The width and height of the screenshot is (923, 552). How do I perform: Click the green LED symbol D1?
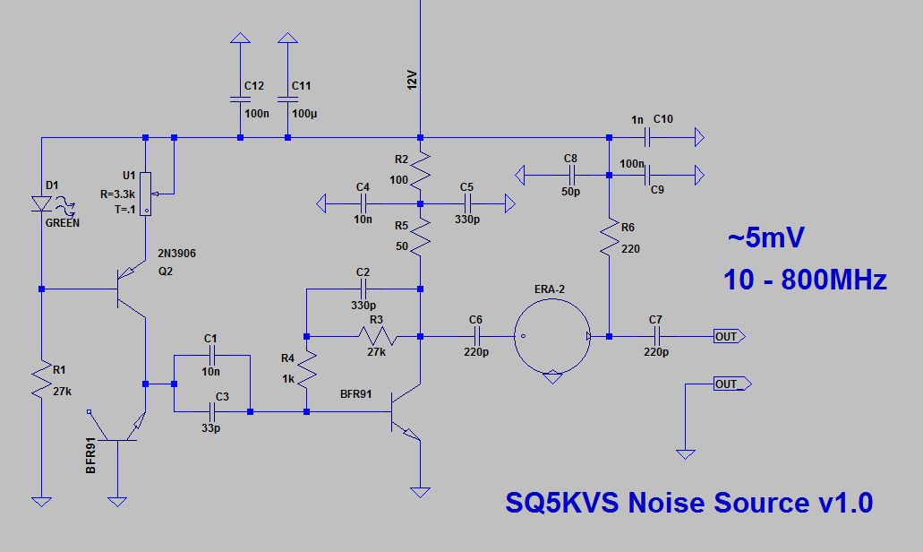[x=41, y=204]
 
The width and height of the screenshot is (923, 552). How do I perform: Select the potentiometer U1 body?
[x=146, y=194]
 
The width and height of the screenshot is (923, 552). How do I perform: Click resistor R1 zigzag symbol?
[x=41, y=380]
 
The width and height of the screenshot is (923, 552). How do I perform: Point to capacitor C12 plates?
[x=240, y=99]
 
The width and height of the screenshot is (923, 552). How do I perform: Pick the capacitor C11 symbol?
[x=287, y=99]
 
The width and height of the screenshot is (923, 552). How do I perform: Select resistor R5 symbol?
[x=421, y=237]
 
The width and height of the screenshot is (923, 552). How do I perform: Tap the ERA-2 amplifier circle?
[x=553, y=336]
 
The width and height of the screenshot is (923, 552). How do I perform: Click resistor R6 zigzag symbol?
[x=609, y=237]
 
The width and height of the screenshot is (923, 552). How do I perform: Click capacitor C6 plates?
[x=475, y=336]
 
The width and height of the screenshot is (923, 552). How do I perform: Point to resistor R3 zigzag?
[x=376, y=336]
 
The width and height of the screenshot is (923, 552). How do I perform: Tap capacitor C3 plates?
[x=212, y=411]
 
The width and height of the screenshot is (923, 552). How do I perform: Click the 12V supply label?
[x=412, y=83]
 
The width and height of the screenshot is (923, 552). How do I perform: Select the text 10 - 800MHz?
[x=805, y=280]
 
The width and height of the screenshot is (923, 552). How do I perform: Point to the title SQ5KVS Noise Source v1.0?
[x=688, y=503]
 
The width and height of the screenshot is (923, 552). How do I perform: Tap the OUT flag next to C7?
[x=727, y=336]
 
